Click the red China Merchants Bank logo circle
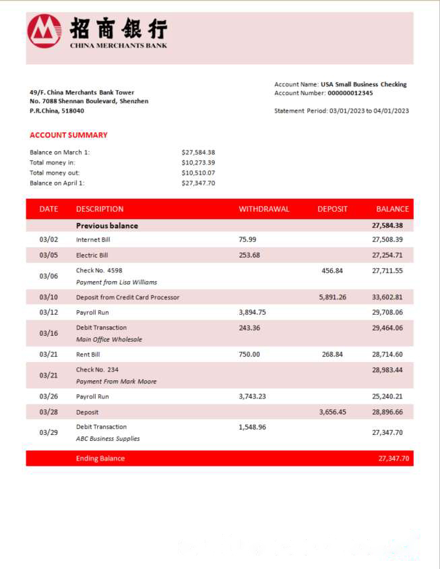[44, 31]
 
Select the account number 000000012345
[350, 93]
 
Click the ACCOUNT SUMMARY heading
[68, 135]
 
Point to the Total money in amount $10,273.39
[198, 162]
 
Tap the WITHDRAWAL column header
[263, 209]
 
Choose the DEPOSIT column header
[332, 209]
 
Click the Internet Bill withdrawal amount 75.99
[248, 239]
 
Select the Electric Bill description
[92, 256]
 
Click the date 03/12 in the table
[49, 313]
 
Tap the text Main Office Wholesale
[108, 340]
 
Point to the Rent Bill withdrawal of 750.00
[250, 354]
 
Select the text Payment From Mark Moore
[116, 382]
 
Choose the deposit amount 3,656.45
[332, 412]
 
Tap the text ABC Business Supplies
[108, 439]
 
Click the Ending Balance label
[100, 458]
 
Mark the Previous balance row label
[106, 226]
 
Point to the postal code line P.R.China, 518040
[57, 111]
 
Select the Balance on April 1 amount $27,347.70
[198, 183]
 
